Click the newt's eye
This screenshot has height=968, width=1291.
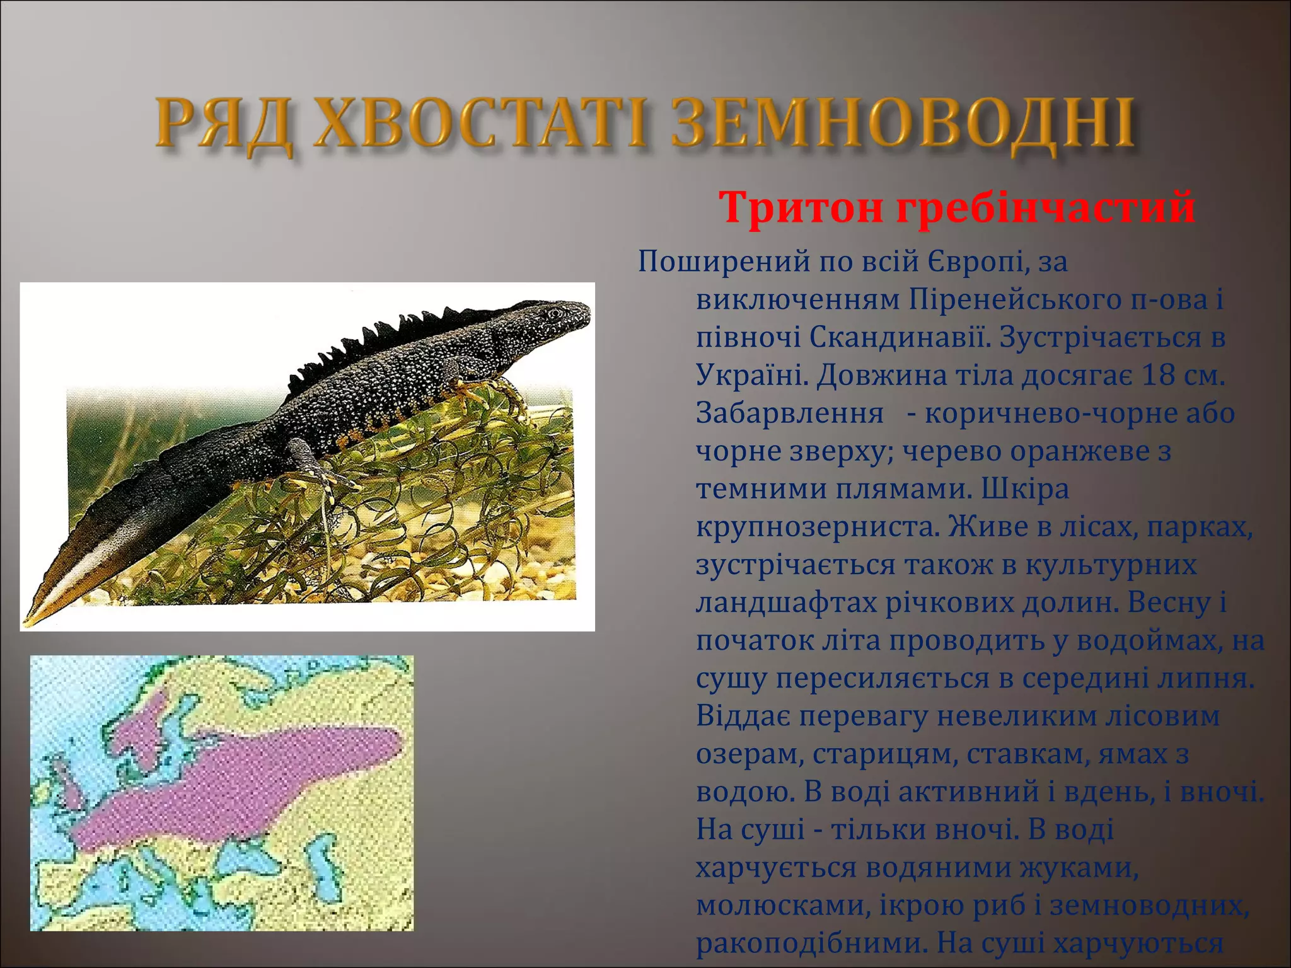tap(554, 313)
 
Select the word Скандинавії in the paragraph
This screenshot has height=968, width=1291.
tap(895, 337)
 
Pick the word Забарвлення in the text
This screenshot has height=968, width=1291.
tap(789, 413)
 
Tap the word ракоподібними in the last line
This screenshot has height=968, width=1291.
tap(811, 943)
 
